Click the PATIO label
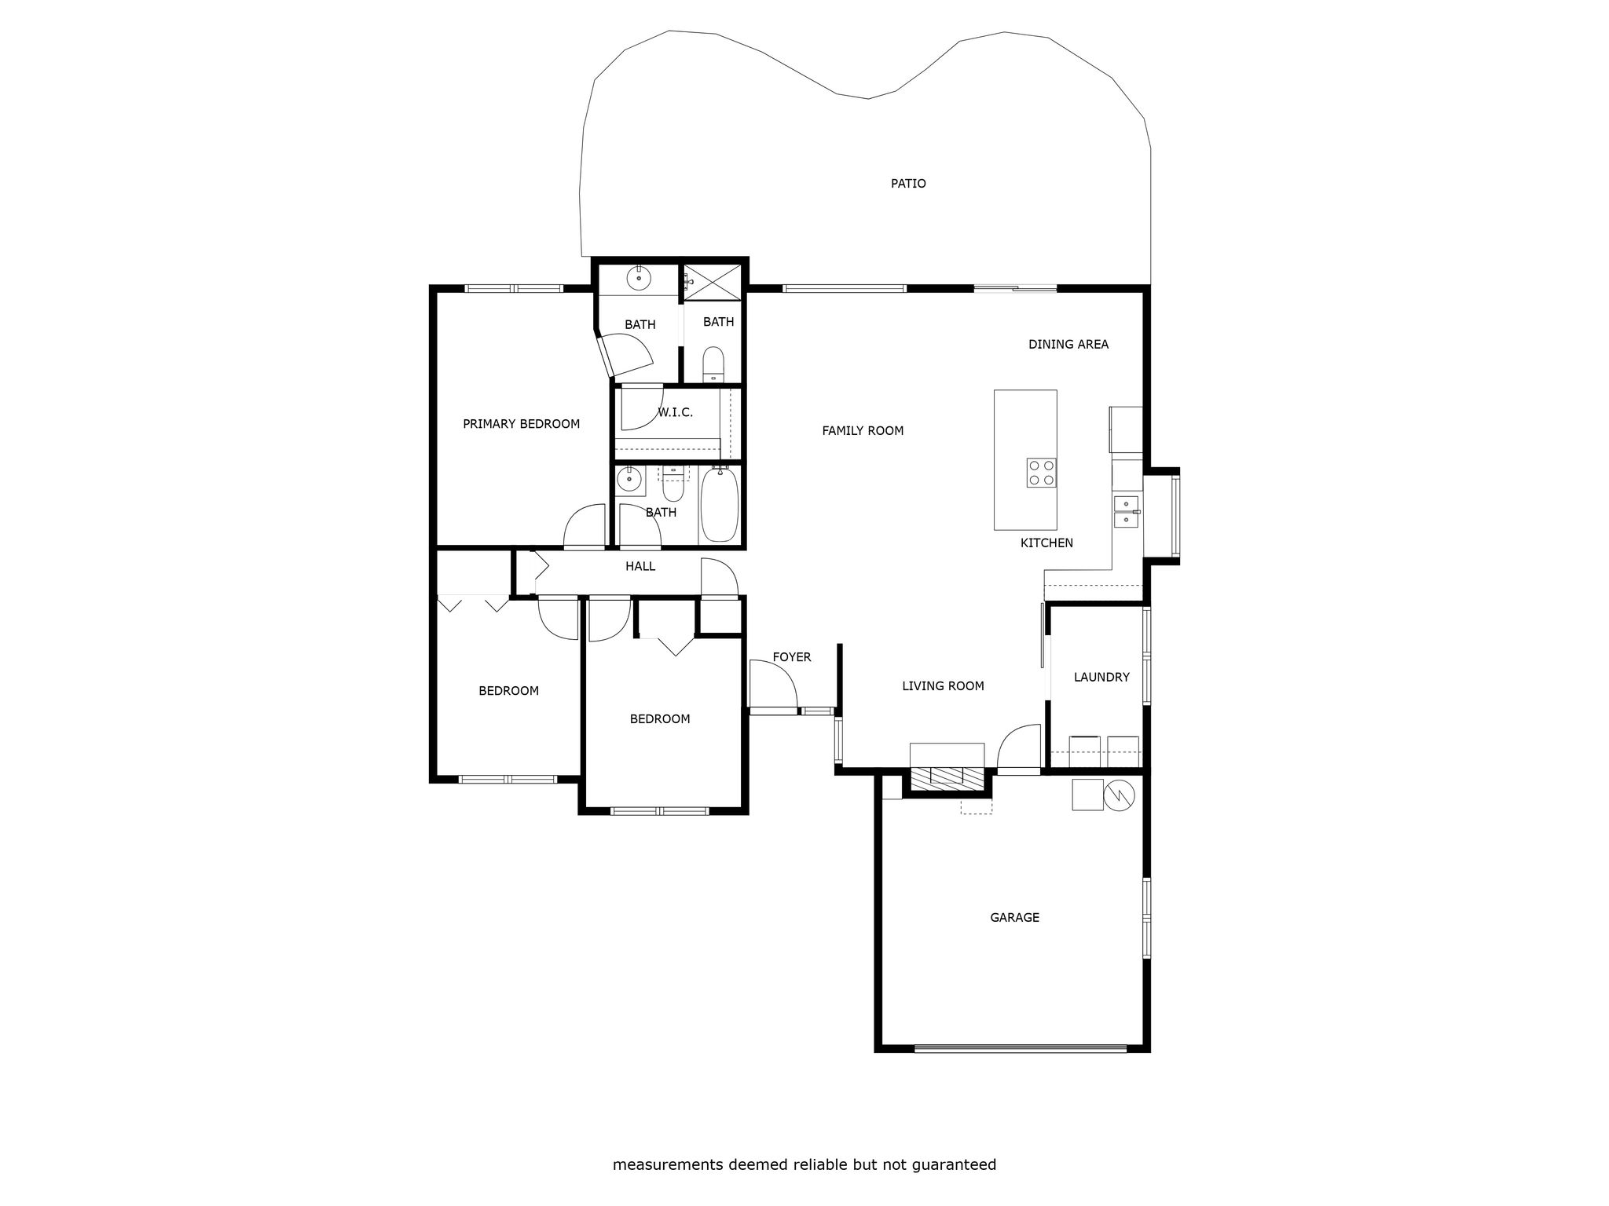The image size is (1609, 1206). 908,184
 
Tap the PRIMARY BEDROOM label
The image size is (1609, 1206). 521,424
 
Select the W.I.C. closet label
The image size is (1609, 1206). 675,412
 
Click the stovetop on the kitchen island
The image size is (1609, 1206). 1041,473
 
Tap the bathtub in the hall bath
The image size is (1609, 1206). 719,505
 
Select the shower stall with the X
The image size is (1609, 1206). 713,281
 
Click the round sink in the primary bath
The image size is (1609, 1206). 639,276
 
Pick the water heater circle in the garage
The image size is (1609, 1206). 1119,795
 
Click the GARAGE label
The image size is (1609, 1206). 1014,917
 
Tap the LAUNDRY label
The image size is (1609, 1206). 1101,677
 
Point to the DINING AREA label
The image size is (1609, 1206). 1068,344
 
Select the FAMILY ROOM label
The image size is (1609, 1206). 863,430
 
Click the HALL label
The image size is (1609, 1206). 640,566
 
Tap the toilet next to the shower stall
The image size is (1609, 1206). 713,364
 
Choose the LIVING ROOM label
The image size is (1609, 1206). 943,686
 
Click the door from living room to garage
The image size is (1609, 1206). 1019,749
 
